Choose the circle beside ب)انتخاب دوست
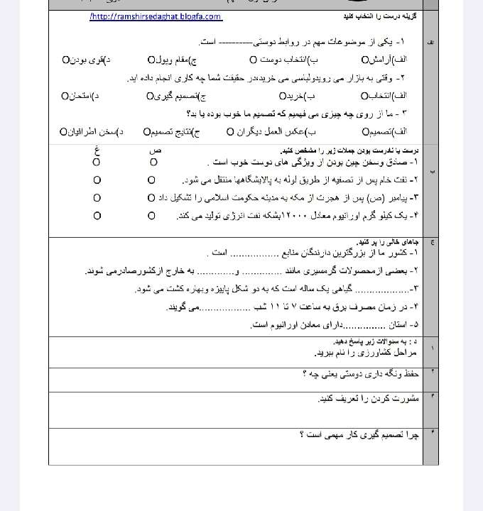253,59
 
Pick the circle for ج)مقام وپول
151,59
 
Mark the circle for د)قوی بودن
65,59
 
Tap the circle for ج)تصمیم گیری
150,95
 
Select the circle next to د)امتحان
65,95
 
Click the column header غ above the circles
95,150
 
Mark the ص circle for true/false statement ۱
152,163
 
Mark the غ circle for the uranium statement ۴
96,215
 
